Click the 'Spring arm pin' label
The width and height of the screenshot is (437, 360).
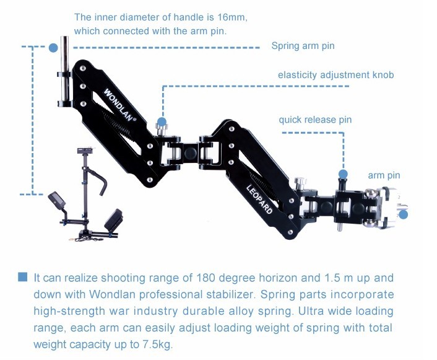303,46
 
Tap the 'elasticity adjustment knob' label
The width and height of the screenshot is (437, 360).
336,75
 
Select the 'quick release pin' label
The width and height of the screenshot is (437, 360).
315,120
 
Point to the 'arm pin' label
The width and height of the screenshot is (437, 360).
384,175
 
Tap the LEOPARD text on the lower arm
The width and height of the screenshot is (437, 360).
259,199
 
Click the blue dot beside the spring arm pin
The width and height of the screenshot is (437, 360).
53,48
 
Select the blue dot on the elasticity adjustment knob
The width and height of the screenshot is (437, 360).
162,122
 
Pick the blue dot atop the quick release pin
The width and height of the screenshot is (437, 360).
343,174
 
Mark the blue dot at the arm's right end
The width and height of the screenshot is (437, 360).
404,214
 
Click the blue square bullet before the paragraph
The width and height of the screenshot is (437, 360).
22,277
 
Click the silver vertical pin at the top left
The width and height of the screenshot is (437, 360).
64,71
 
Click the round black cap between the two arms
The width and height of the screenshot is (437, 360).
191,152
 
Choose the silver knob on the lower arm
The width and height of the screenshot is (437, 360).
300,182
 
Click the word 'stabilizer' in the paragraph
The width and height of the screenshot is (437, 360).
229,294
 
